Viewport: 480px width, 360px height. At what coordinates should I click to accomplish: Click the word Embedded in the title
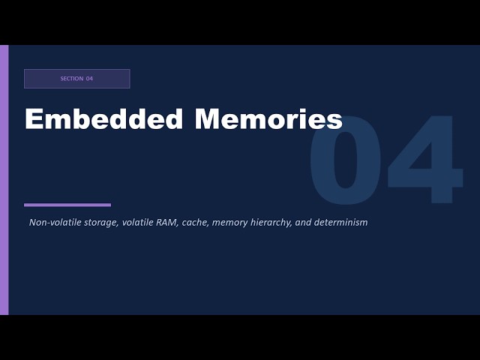103,119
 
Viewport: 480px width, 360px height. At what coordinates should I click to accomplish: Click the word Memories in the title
268,119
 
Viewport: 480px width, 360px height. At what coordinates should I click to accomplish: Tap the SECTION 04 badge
76,79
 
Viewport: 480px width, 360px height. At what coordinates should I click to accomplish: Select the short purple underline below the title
67,205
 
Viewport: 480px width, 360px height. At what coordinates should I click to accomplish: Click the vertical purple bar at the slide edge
4,180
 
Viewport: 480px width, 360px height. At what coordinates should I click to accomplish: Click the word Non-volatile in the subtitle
52,223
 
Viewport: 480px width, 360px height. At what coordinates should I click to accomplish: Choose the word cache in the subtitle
194,223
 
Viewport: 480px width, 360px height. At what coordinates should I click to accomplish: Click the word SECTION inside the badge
71,79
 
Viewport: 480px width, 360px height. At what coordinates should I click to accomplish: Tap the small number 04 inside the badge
89,79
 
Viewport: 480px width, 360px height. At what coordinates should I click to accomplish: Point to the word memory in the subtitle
229,223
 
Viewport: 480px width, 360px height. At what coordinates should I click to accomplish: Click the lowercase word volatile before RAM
137,223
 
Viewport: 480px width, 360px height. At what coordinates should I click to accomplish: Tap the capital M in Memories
208,119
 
